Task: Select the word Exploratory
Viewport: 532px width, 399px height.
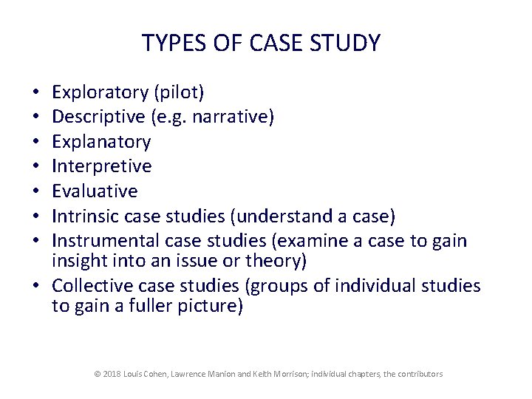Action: [100, 92]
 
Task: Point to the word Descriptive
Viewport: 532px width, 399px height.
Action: [98, 117]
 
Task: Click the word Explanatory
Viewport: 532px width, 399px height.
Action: [101, 141]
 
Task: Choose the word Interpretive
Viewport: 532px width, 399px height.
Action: [101, 166]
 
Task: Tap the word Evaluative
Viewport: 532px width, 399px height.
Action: [95, 191]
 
